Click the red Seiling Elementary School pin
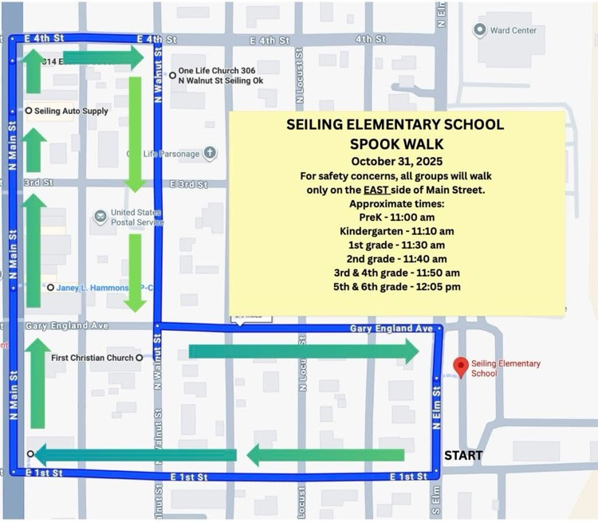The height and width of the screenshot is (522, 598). coord(460,367)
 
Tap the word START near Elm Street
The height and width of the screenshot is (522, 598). coord(463,456)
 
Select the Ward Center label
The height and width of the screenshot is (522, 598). coord(513,30)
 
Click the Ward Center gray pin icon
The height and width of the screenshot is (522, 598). coord(479,30)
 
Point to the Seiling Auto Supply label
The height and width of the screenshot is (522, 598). coord(71,111)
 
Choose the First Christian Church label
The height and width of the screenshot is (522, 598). coord(92,358)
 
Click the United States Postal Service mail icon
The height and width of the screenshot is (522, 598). coord(100,217)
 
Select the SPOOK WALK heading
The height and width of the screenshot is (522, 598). coord(396,143)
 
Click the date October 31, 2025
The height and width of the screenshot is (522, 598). coord(396,161)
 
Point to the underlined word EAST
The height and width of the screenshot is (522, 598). coord(377,190)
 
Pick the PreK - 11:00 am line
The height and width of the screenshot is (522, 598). coord(396,217)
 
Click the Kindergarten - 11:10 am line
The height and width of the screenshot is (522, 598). coord(396,231)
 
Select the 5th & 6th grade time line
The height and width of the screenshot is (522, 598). coord(396,287)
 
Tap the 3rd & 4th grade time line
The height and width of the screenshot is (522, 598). coord(396,273)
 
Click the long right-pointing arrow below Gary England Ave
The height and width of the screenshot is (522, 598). coord(303,351)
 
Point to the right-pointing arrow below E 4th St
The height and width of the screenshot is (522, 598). coord(101,57)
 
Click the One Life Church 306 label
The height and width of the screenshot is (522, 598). coord(217,70)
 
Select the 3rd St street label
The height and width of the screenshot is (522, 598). coord(37,183)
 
